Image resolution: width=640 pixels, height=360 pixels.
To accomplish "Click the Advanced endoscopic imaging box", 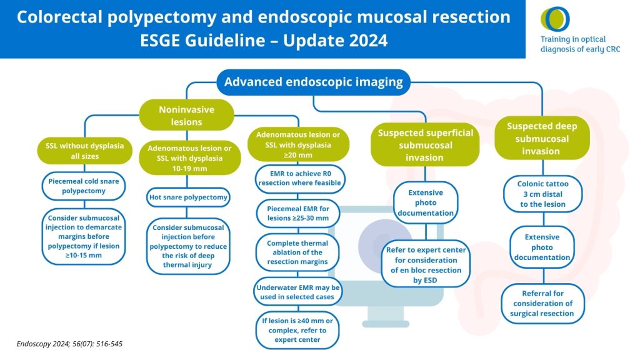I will (x=314, y=82).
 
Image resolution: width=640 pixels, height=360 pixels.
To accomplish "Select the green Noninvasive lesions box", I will (x=186, y=116).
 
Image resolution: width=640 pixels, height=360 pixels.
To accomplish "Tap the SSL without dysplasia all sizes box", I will (x=84, y=151).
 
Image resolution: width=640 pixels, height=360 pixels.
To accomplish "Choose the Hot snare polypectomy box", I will (x=189, y=198).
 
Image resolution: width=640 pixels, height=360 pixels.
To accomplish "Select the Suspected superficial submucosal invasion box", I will (x=425, y=145).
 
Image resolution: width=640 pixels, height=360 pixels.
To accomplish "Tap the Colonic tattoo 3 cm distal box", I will (x=542, y=194).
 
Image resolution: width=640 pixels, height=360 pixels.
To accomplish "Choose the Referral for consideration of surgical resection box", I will (x=542, y=303).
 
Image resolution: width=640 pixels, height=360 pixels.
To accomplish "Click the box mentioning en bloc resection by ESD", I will (x=426, y=265).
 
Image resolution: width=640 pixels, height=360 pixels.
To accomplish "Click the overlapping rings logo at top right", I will (x=555, y=19).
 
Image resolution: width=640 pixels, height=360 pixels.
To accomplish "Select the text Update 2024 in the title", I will (x=335, y=41).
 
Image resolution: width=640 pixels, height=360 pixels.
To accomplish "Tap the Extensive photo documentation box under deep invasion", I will (x=542, y=247).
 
